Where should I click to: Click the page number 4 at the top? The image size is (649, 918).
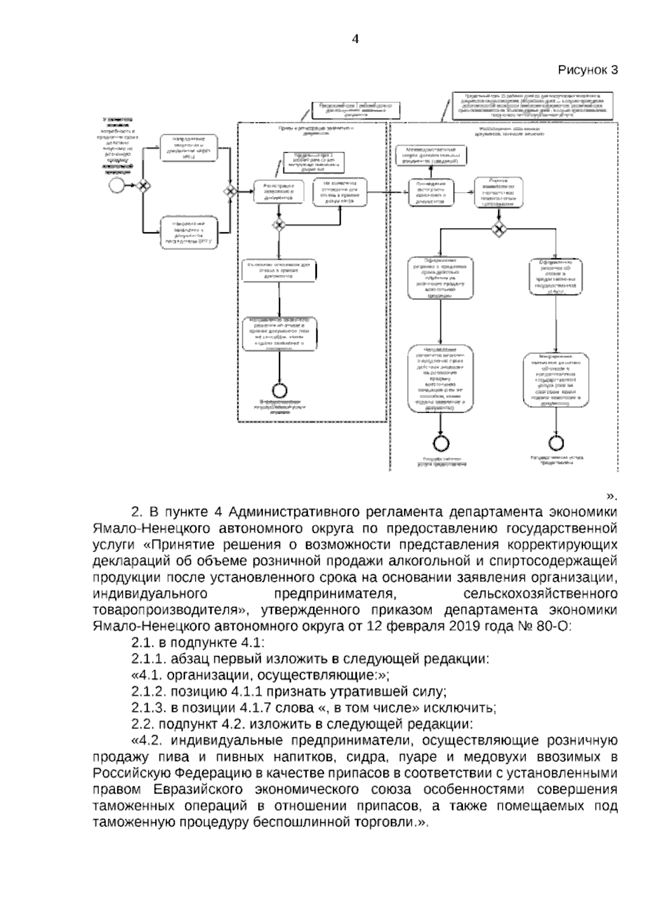coord(355,39)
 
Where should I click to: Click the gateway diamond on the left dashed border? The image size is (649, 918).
coord(230,191)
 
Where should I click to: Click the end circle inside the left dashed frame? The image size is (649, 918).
coord(280,389)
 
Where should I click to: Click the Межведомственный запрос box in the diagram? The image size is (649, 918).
coord(431,155)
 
